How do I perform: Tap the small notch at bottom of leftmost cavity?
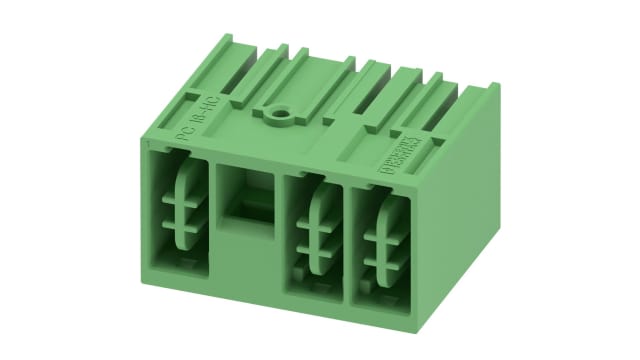tap(182, 266)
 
